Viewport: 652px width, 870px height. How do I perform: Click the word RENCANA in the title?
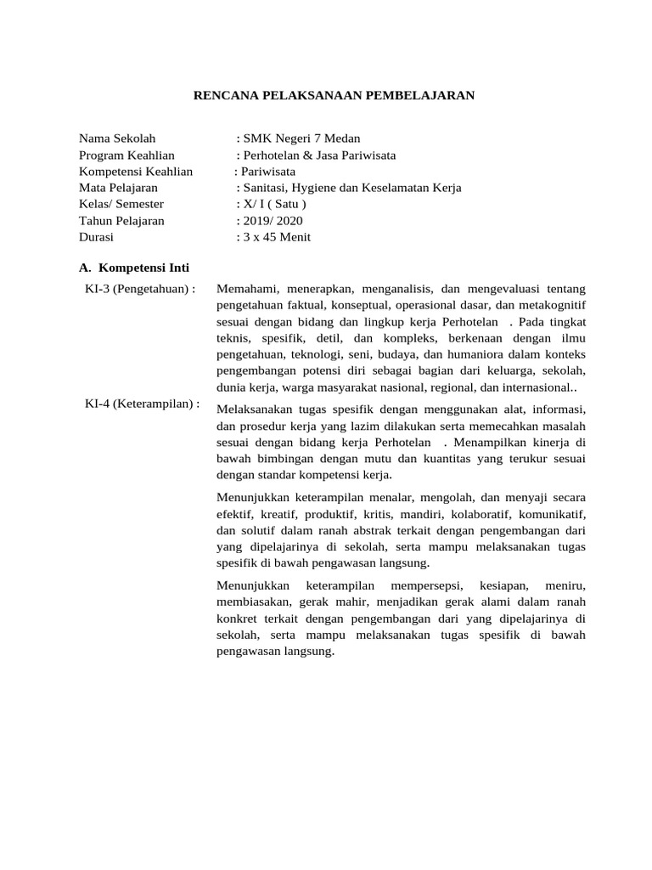pyautogui.click(x=223, y=96)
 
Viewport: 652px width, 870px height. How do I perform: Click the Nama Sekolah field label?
pyautogui.click(x=117, y=138)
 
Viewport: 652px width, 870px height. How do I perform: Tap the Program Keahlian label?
pyautogui.click(x=126, y=155)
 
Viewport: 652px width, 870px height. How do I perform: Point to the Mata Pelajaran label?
pyautogui.click(x=118, y=188)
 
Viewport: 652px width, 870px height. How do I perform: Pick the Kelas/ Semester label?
pyautogui.click(x=121, y=204)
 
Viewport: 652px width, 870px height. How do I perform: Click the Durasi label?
pyautogui.click(x=96, y=237)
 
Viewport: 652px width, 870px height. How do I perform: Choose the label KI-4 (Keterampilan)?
pyautogui.click(x=142, y=404)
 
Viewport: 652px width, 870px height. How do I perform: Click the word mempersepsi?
pyautogui.click(x=423, y=586)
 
